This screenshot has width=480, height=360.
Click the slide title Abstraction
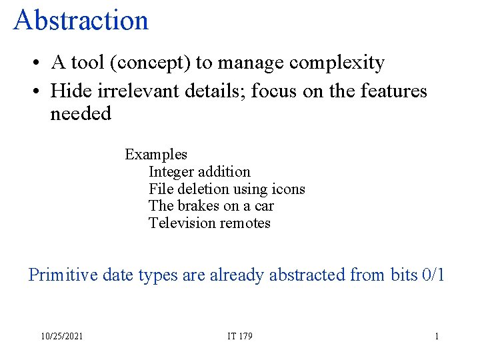pos(81,20)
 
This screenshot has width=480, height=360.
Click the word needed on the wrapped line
pos(81,114)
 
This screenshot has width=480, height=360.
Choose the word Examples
pos(156,155)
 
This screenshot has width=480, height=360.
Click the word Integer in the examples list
pos(171,172)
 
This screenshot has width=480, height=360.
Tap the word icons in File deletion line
pos(287,189)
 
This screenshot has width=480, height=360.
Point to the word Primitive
pos(63,275)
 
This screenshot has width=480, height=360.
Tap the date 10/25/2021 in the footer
pos(61,337)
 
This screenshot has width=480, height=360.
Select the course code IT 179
pos(239,337)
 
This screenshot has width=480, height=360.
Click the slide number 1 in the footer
pos(437,337)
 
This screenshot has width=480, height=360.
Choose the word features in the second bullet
pos(391,90)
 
